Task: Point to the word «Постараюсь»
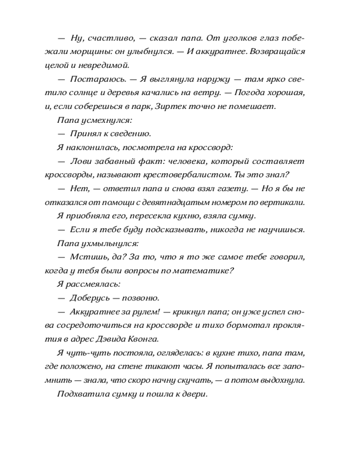(x=96, y=79)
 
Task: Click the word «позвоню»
(x=142, y=298)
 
